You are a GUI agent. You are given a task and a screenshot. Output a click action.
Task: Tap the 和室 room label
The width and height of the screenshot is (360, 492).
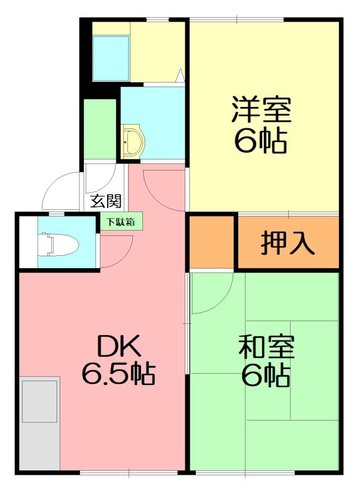pos(266,347)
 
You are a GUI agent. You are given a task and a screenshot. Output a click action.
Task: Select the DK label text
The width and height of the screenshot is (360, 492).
pos(119,347)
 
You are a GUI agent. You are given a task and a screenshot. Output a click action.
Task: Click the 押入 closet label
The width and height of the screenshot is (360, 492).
pos(288,243)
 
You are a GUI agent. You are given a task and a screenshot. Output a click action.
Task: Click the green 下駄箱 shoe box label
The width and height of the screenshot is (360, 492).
pos(121,221)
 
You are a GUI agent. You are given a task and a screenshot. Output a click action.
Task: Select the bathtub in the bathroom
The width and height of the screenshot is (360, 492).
pos(111,58)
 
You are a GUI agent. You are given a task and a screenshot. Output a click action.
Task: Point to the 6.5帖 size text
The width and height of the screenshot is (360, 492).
pos(119,373)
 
